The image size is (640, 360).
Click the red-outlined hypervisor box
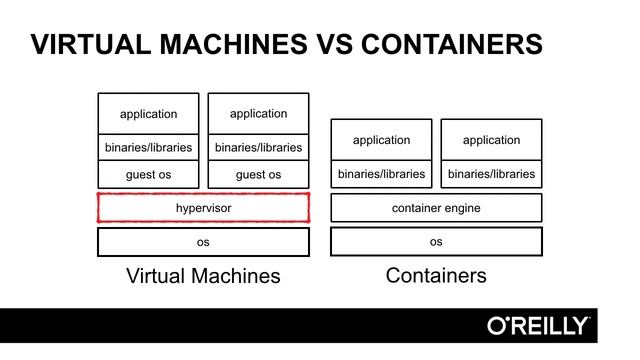(x=203, y=207)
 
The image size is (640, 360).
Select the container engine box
(x=436, y=208)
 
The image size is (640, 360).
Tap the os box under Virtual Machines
(x=203, y=242)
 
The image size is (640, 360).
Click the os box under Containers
(x=436, y=241)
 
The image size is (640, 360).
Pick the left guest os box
(x=148, y=174)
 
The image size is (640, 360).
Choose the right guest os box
(x=258, y=174)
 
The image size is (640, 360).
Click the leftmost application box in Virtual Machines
(x=148, y=113)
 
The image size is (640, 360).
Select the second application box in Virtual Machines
(x=258, y=113)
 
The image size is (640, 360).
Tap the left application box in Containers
(x=381, y=140)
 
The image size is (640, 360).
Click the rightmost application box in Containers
(x=491, y=140)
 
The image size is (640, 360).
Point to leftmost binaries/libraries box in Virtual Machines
(x=148, y=147)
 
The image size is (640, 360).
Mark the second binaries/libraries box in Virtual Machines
(x=258, y=147)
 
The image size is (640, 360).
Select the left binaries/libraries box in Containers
(x=381, y=174)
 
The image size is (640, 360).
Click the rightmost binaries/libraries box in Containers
(x=491, y=174)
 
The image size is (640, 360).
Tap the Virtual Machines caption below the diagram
(x=203, y=276)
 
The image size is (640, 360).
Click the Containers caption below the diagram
(x=436, y=275)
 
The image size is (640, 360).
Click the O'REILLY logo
(x=538, y=326)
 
